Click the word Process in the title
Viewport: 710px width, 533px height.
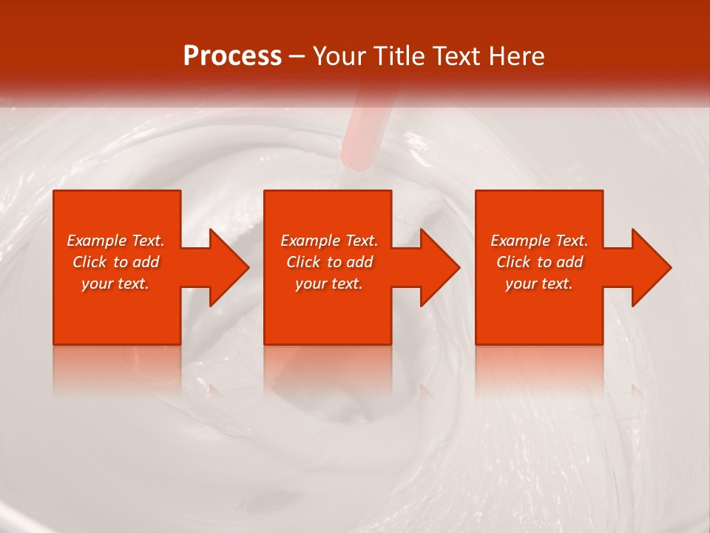232,56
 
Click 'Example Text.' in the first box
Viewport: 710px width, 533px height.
115,241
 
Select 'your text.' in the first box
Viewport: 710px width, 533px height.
115,284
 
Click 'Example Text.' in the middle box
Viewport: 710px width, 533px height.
329,241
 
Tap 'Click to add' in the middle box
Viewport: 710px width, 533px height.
329,262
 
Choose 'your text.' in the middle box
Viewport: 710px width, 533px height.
329,284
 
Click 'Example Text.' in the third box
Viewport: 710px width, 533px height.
539,241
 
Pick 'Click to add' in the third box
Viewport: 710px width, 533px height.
539,262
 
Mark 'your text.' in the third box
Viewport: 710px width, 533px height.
539,284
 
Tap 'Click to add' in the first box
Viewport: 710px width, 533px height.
115,262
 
